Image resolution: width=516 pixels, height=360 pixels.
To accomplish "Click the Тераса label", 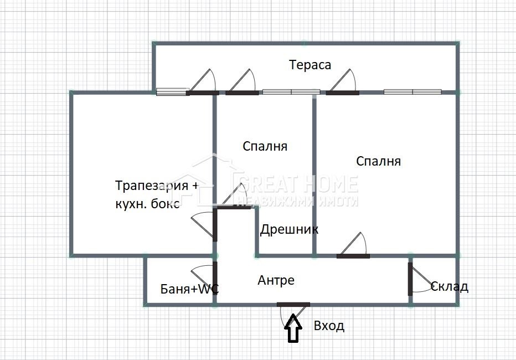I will pyautogui.click(x=310, y=65).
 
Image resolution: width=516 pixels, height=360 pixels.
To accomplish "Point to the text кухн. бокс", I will pyautogui.click(x=147, y=203).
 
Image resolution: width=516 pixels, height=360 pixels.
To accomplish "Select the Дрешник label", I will pyautogui.click(x=289, y=229).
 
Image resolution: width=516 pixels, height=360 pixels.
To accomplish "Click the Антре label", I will pyautogui.click(x=276, y=281).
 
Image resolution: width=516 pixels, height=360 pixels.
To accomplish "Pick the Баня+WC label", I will pyautogui.click(x=189, y=289).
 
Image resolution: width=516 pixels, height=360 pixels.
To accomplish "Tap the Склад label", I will pyautogui.click(x=449, y=286).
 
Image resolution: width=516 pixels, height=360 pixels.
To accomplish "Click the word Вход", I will pyautogui.click(x=329, y=326).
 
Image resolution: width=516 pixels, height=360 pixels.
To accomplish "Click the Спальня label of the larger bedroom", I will pyautogui.click(x=378, y=161).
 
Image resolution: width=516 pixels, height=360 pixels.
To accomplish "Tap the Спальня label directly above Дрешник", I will pyautogui.click(x=265, y=146).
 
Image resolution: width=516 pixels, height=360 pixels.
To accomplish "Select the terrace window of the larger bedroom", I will pyautogui.click(x=412, y=92).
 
